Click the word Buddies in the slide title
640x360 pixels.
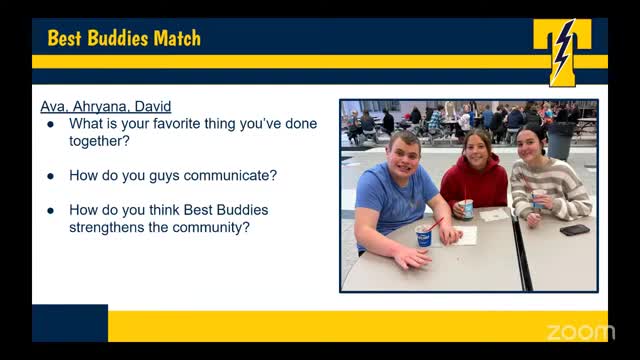[120, 39]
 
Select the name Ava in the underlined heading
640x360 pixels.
[52, 107]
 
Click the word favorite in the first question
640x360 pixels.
[178, 124]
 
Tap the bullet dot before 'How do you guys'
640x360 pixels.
[51, 176]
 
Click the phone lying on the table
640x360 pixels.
[574, 230]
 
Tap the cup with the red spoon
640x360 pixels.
[423, 236]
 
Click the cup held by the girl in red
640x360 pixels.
[466, 208]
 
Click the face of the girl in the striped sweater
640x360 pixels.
[530, 146]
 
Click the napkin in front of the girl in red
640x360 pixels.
[494, 214]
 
